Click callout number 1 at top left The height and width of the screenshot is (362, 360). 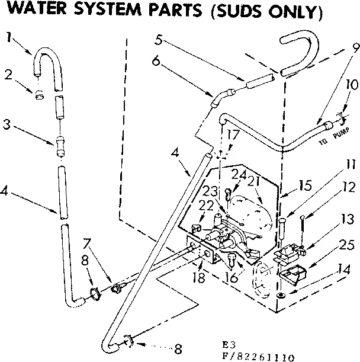9,37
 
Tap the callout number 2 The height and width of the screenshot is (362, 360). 9,75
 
